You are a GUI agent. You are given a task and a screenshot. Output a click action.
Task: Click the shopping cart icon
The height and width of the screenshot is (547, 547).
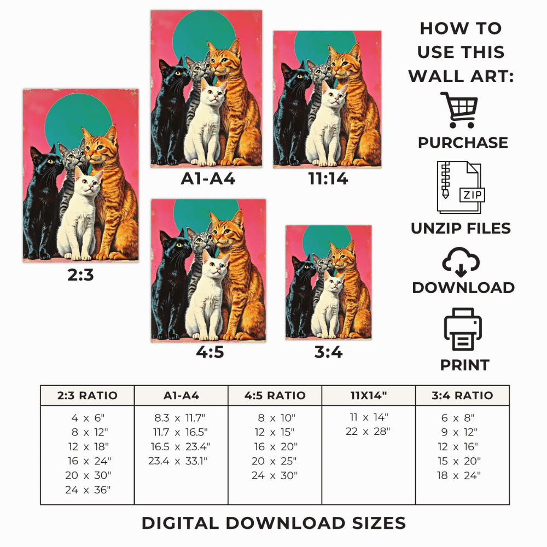(459, 110)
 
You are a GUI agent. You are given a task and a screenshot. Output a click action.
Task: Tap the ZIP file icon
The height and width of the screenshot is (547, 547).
(461, 187)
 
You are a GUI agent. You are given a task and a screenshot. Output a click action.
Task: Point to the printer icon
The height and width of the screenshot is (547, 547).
(463, 329)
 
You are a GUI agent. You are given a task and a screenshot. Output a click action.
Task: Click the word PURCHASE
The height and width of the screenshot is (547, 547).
(463, 143)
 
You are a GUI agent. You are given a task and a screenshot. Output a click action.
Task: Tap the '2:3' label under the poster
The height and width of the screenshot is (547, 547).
(80, 275)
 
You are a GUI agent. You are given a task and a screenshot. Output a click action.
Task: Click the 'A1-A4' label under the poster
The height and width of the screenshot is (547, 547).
(208, 179)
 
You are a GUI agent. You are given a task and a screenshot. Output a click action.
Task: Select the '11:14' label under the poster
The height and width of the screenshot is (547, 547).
(328, 179)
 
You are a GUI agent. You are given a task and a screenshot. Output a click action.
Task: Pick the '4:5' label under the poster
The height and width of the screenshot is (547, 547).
(210, 352)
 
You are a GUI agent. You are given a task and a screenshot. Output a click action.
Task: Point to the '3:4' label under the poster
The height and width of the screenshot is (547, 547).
(328, 352)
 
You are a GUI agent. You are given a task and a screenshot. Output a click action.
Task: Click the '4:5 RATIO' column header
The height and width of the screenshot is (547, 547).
(275, 395)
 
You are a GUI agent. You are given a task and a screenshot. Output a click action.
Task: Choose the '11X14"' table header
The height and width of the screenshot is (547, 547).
(369, 395)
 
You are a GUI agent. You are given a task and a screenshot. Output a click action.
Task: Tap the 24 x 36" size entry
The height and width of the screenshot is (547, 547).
(88, 490)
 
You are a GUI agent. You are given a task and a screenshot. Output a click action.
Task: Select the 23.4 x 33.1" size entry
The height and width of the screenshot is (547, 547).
(178, 461)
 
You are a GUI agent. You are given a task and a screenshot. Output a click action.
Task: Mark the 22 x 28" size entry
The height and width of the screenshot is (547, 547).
(368, 432)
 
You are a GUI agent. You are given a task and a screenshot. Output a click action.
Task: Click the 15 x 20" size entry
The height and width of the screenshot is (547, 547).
(459, 461)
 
